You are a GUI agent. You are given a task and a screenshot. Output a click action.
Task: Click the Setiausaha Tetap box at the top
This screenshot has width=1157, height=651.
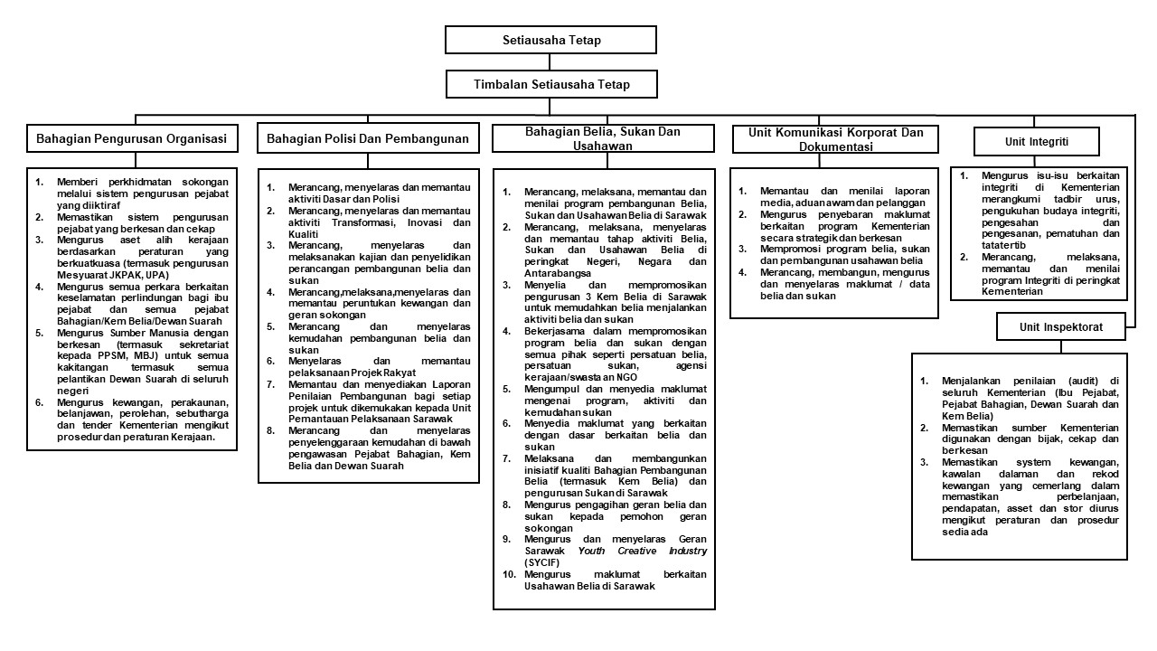(551, 41)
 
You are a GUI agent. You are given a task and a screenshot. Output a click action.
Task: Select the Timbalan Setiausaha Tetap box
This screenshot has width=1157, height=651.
(551, 84)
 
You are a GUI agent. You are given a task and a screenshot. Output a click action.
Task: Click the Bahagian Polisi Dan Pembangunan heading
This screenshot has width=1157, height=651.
(368, 139)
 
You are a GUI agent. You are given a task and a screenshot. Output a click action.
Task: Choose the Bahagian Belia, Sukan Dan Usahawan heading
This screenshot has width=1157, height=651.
(602, 138)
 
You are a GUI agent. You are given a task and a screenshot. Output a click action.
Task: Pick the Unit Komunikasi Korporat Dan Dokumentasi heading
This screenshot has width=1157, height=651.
(836, 139)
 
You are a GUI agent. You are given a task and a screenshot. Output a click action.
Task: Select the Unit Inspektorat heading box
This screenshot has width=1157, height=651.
(1061, 325)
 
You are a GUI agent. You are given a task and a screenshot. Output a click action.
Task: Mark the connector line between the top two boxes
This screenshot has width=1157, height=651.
(551, 61)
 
